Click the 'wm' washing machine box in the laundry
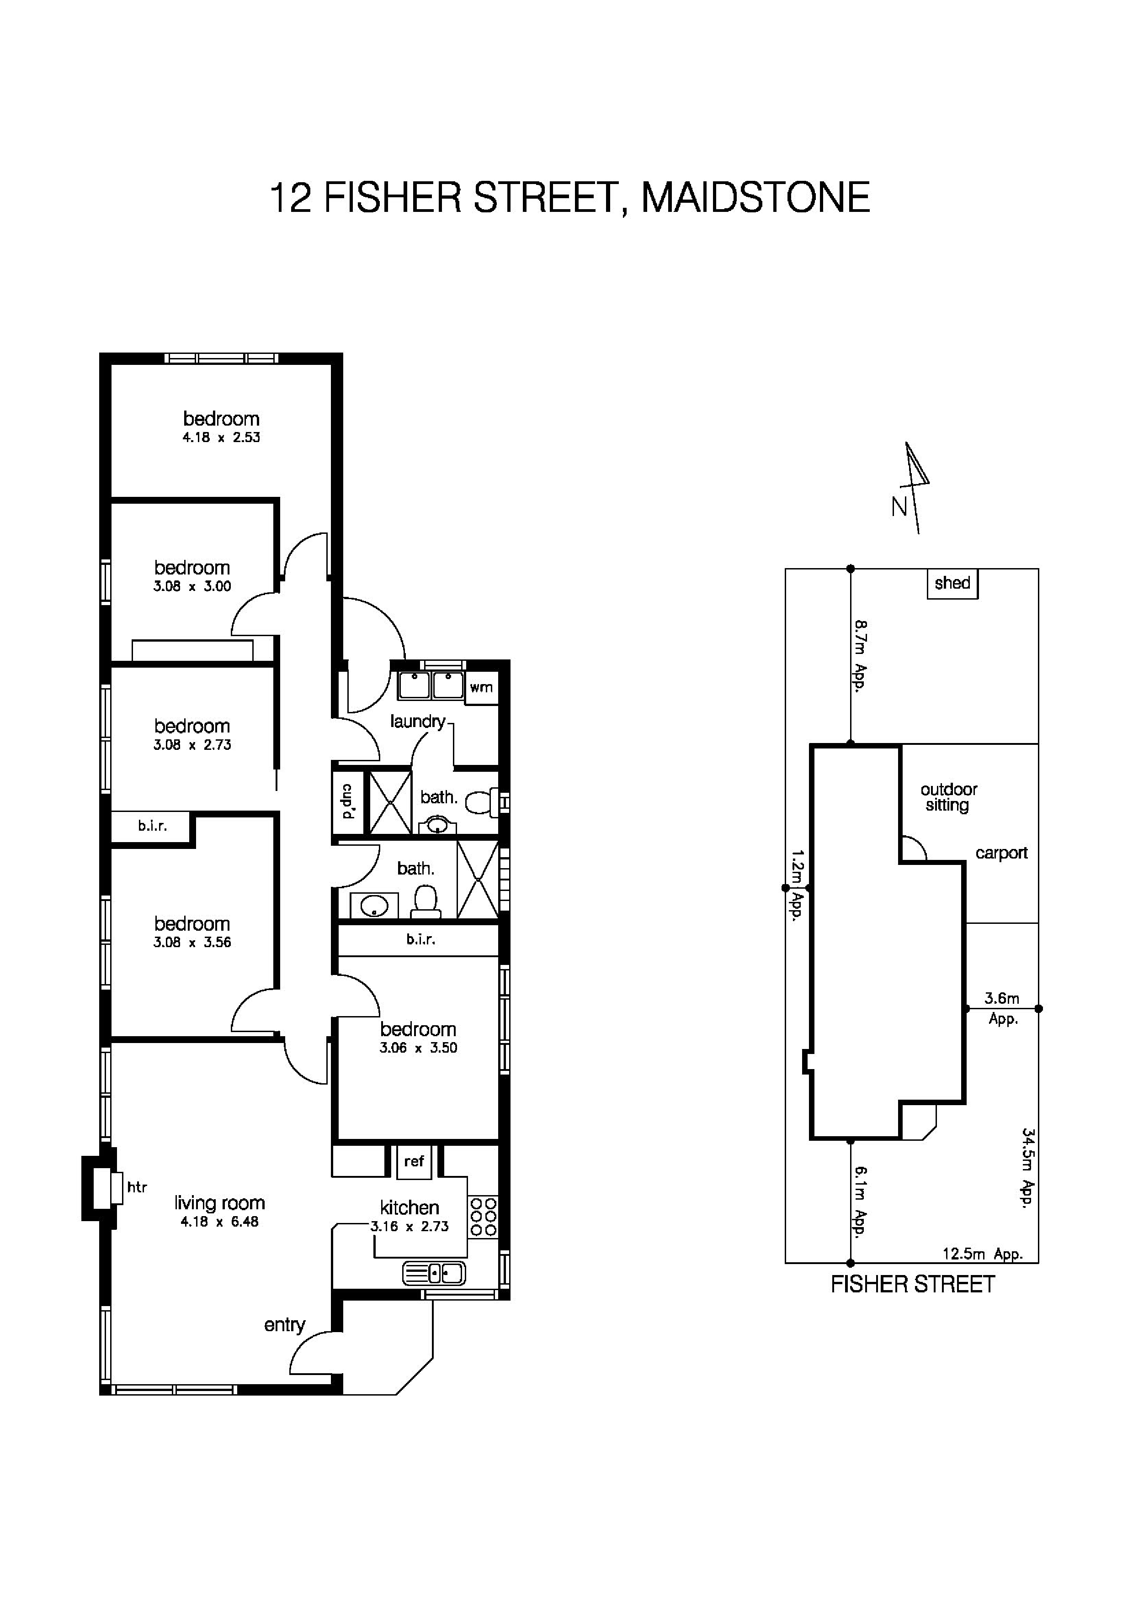point(481,688)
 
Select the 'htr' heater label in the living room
point(137,1187)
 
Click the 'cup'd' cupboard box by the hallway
point(348,802)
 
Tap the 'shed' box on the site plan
point(952,583)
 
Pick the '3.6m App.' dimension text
point(1002,1008)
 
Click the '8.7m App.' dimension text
point(860,655)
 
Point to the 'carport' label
point(1001,854)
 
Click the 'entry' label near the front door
point(284,1325)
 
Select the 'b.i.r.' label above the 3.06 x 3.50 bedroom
point(420,940)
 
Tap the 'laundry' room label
point(417,722)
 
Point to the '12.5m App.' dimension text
point(982,1254)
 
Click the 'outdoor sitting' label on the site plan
point(948,797)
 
